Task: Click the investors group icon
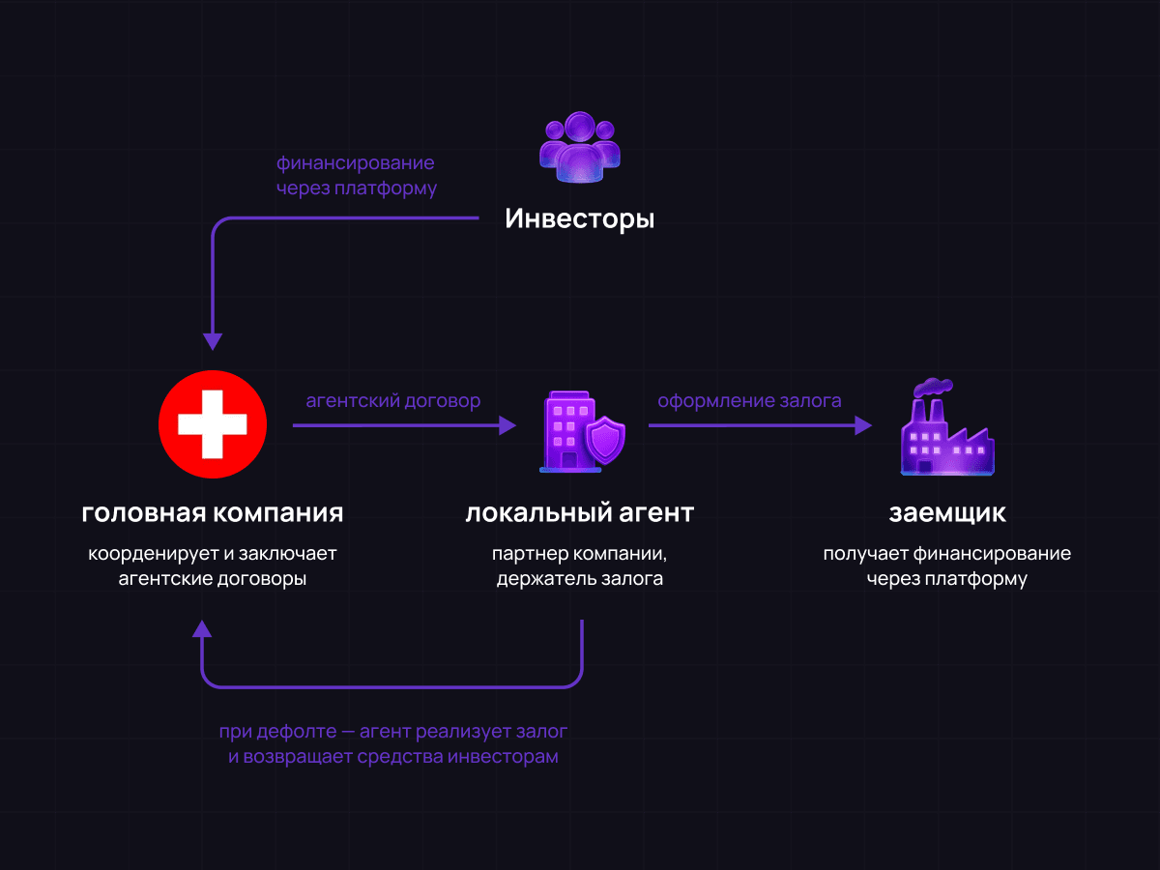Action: coord(579,148)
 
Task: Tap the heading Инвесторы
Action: coord(579,219)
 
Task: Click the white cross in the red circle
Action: coord(213,424)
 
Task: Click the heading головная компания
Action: coord(213,512)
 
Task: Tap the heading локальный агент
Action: coord(579,512)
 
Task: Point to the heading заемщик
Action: coord(947,512)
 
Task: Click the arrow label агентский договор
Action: coord(392,400)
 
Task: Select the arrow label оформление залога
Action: coord(749,400)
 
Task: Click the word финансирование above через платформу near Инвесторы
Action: coord(355,162)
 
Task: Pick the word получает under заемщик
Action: coord(866,555)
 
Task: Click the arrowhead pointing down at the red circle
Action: coord(213,342)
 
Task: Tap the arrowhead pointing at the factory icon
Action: coord(863,425)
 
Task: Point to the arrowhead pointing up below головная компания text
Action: coord(201,629)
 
